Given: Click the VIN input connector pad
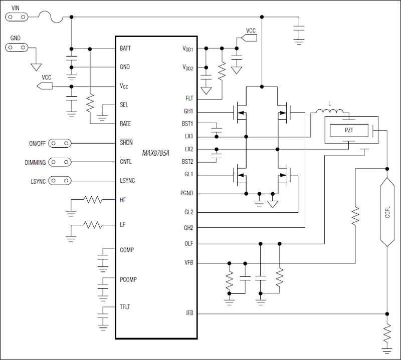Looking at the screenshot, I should point(17,17).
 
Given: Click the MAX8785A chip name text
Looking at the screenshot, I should point(155,153).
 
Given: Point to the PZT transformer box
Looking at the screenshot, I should point(349,131).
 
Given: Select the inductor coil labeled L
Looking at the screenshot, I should point(329,112).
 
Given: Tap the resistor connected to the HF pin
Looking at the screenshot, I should point(93,200).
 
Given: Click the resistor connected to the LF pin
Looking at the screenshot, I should point(93,225).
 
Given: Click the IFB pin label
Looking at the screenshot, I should point(189,313).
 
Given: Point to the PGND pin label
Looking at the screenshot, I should point(186,193).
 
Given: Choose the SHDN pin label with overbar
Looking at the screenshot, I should point(126,143).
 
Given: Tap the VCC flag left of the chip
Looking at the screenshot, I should point(45,86).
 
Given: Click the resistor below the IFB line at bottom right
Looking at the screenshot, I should point(387,331).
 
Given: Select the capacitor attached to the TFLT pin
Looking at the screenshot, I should point(103,318).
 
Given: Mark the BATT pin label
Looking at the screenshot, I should point(125,49).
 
